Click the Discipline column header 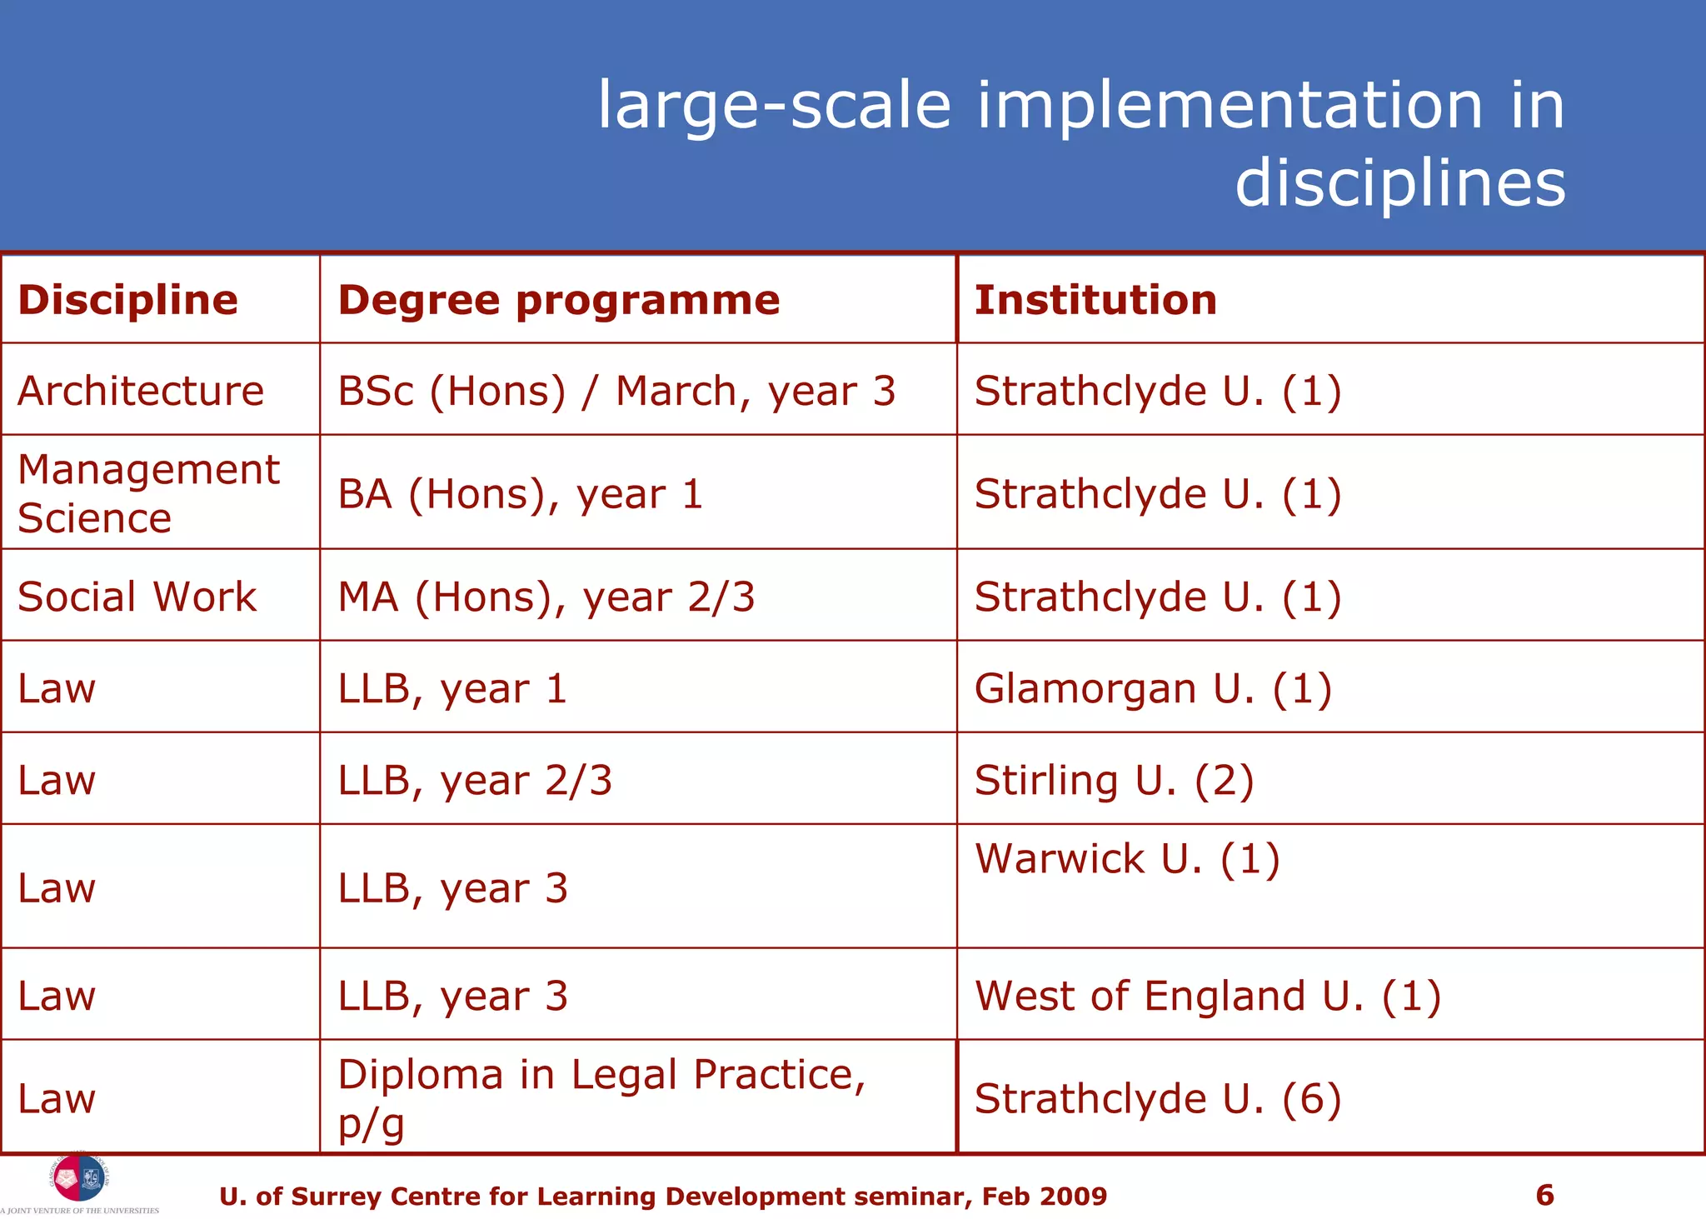pyautogui.click(x=127, y=300)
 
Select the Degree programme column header pyautogui.click(x=558, y=300)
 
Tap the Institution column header pyautogui.click(x=1095, y=300)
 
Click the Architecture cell pyautogui.click(x=141, y=391)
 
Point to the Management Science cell pyautogui.click(x=148, y=493)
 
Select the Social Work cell pyautogui.click(x=137, y=597)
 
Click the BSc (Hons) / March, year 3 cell pyautogui.click(x=616, y=391)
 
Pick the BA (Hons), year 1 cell pyautogui.click(x=521, y=494)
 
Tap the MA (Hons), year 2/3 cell pyautogui.click(x=546, y=597)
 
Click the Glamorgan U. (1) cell pyautogui.click(x=1153, y=688)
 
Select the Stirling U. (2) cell pyautogui.click(x=1114, y=780)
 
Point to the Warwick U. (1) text pyautogui.click(x=1126, y=858)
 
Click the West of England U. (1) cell pyautogui.click(x=1207, y=996)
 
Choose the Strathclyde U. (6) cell pyautogui.click(x=1157, y=1098)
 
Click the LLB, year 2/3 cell pyautogui.click(x=475, y=780)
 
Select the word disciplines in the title pyautogui.click(x=1399, y=182)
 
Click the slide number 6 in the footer pyautogui.click(x=1544, y=1195)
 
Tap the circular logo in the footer pyautogui.click(x=80, y=1178)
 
